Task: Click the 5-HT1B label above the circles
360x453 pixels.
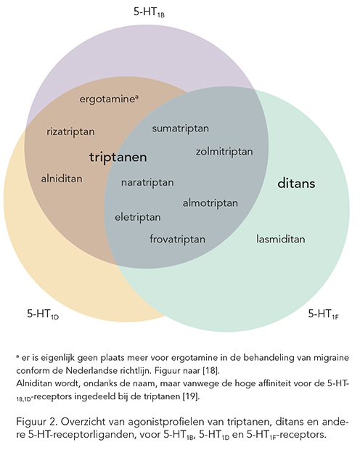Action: tap(149, 12)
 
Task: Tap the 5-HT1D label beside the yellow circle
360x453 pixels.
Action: tap(43, 314)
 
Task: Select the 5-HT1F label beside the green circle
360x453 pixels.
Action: tap(324, 314)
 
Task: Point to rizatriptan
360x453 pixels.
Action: tap(71, 131)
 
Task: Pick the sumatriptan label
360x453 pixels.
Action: tap(181, 128)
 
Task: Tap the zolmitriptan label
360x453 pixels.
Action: tap(224, 152)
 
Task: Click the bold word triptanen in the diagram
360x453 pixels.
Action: tap(118, 158)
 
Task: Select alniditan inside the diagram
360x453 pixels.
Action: tap(62, 179)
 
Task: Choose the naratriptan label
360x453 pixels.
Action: tap(147, 183)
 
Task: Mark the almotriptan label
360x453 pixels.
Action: tap(210, 203)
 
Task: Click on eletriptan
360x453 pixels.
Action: tap(138, 217)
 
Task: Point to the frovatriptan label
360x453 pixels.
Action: tap(178, 240)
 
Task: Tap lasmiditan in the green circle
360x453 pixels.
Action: tap(281, 240)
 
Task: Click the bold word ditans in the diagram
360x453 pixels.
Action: tap(296, 184)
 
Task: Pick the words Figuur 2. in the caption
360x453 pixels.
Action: tap(37, 423)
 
